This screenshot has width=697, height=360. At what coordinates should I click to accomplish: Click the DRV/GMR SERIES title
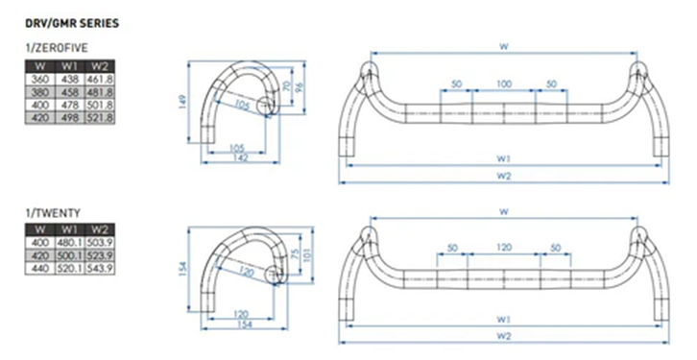click(x=72, y=21)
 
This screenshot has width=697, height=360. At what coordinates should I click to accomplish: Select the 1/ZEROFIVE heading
click(x=58, y=47)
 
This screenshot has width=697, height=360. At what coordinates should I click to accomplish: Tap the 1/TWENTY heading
click(x=52, y=211)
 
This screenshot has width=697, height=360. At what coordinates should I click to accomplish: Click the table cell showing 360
click(x=39, y=79)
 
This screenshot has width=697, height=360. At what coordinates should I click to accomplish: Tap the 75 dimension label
click(x=293, y=254)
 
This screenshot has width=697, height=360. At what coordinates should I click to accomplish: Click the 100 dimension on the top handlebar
click(x=503, y=85)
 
